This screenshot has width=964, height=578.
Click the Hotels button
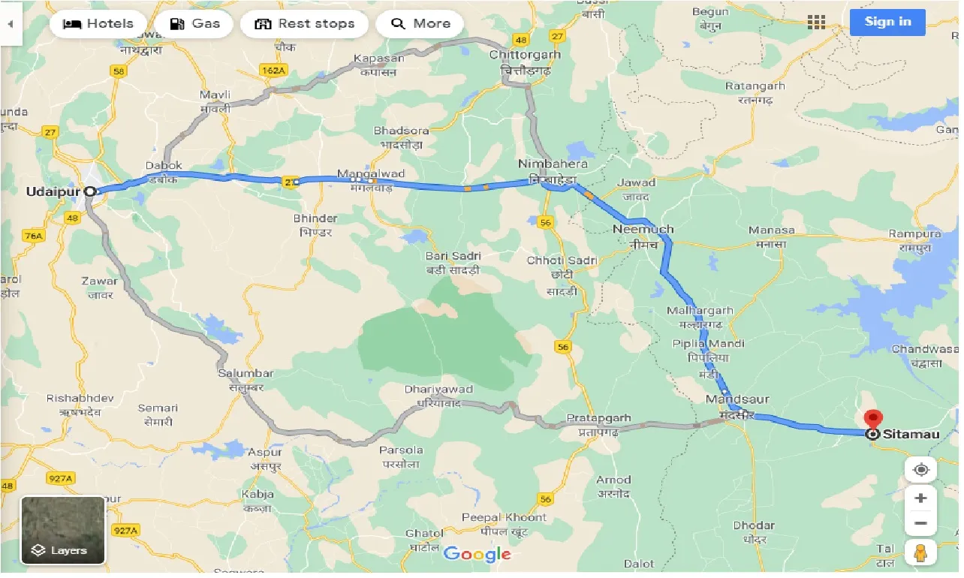tap(98, 24)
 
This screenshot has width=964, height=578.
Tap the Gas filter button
tap(195, 24)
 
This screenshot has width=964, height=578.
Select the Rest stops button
tap(304, 24)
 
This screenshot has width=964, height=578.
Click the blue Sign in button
tap(887, 22)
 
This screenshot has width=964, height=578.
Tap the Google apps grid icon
tap(816, 22)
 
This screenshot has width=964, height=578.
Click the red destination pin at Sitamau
tap(872, 420)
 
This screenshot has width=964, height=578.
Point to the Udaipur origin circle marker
tap(90, 191)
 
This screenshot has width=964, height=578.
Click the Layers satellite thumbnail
tap(63, 530)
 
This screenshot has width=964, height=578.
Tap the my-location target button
tap(920, 470)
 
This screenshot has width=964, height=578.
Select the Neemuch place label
tap(643, 229)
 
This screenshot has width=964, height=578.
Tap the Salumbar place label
tap(246, 373)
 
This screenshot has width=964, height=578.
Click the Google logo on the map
tap(477, 555)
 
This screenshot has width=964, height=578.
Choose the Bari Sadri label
tap(453, 256)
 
